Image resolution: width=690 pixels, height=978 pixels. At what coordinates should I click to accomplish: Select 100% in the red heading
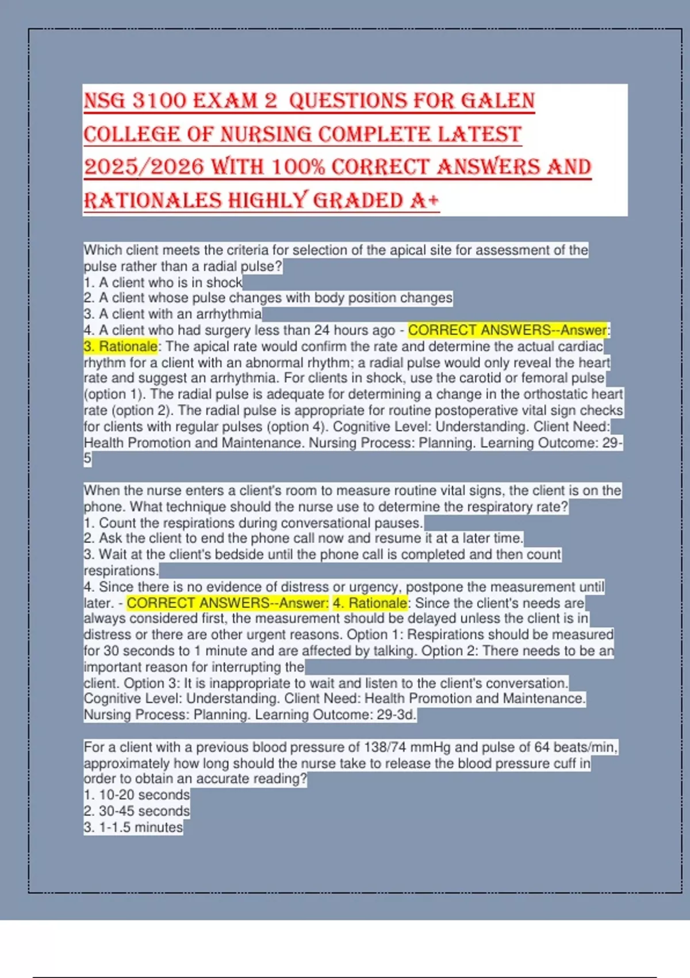click(298, 167)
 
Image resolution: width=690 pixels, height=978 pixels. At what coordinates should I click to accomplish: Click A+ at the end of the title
click(425, 200)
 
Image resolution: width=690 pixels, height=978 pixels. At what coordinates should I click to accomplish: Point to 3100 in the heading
click(159, 101)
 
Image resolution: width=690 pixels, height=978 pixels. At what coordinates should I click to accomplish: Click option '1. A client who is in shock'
click(163, 282)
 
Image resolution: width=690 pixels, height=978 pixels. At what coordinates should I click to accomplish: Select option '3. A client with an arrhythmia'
click(172, 314)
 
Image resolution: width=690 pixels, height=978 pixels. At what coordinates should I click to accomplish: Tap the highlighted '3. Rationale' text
click(120, 346)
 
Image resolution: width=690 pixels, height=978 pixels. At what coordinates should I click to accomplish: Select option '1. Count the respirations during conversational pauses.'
click(253, 523)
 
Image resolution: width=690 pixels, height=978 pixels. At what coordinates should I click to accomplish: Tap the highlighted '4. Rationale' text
click(370, 603)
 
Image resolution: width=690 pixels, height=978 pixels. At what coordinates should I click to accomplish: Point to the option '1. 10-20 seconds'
click(137, 795)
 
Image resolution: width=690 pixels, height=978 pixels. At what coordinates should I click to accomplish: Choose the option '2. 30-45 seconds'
click(137, 811)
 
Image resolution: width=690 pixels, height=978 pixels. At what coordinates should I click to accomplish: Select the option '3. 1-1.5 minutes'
click(133, 827)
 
